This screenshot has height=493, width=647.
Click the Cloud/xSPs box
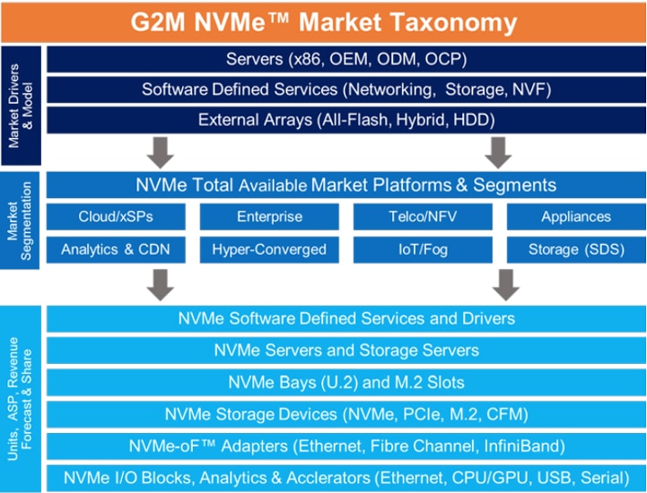coord(116,216)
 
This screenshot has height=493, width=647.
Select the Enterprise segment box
coord(269,216)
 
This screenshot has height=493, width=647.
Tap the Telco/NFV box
coord(423,216)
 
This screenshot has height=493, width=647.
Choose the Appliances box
coord(576,216)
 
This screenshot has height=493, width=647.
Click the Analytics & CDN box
coord(116,249)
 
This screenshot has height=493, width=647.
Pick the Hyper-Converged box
coord(269,249)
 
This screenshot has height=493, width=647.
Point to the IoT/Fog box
coord(423,249)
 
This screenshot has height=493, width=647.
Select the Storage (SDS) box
coord(576,249)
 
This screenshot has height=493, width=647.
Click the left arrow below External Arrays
coord(160,152)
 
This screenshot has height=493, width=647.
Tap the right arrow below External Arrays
coord(498,152)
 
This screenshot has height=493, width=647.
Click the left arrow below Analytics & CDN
coord(160,285)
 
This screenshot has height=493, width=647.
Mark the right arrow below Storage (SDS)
coord(506,285)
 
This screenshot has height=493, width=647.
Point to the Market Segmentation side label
coord(20,221)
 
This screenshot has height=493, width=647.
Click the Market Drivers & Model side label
coord(21,106)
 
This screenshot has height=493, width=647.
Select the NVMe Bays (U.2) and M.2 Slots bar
coord(346,382)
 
